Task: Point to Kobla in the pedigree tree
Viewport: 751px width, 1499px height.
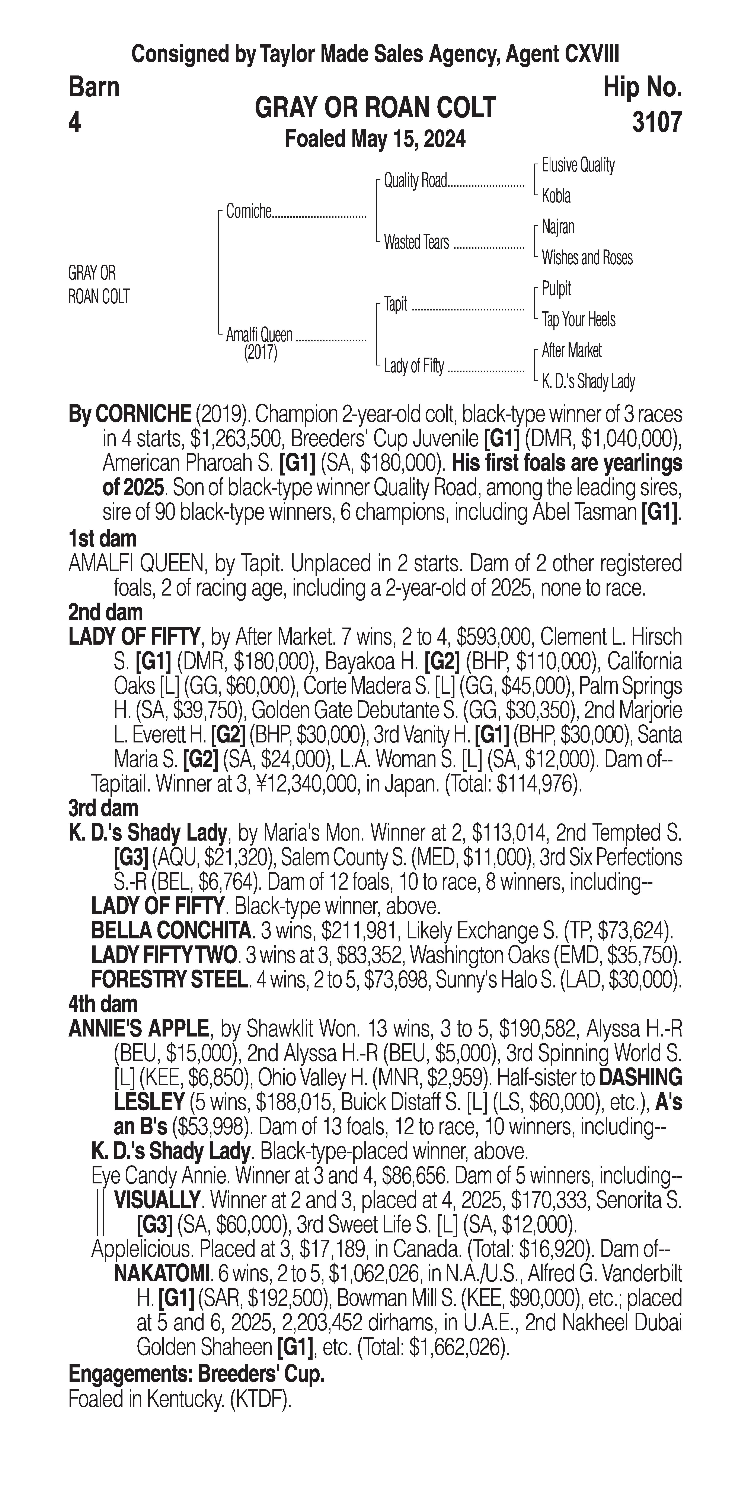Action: click(x=556, y=196)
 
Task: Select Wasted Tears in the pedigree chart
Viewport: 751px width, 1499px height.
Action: click(x=416, y=242)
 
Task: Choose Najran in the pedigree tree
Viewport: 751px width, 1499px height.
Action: click(x=558, y=227)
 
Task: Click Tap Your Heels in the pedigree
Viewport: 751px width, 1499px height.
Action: click(x=578, y=319)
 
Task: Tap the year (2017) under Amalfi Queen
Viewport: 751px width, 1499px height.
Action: click(x=260, y=353)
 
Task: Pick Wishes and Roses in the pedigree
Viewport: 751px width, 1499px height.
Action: click(x=587, y=258)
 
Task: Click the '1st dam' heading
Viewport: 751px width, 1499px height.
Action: click(x=102, y=539)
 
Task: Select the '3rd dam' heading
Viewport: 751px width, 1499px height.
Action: click(x=104, y=808)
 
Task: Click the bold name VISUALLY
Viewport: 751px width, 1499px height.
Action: click(x=157, y=1200)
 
